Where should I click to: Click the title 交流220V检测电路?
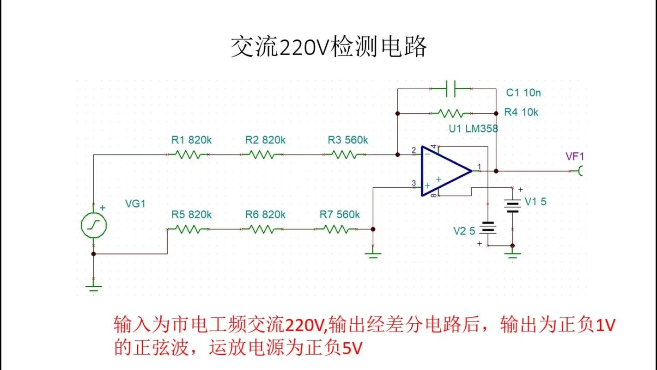coord(328,47)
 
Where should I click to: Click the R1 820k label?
coord(191,140)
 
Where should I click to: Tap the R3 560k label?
coord(348,140)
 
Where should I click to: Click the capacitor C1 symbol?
coord(450,88)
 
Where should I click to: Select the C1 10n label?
coord(523,93)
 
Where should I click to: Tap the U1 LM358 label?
coord(473,129)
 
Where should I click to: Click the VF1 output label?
coord(575,157)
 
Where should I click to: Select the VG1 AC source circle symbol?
coord(94,225)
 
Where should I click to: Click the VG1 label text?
coord(135,203)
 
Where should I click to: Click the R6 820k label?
coord(265,215)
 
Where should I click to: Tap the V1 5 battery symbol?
coord(512,205)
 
